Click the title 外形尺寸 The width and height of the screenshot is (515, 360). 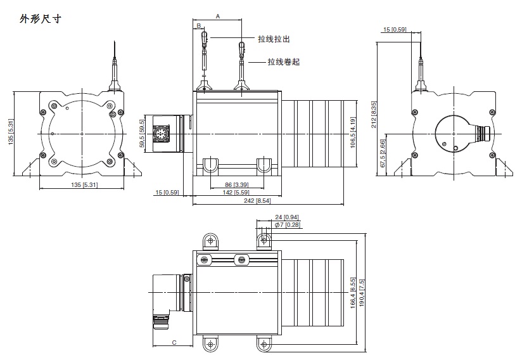[40, 19]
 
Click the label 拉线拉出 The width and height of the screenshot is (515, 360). [274, 39]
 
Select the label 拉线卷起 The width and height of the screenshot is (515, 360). [283, 62]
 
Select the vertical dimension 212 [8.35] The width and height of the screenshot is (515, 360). [374, 115]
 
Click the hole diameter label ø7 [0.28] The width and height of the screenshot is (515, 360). [287, 224]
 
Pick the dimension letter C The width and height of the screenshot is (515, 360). [174, 343]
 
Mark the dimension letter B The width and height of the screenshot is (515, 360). [198, 26]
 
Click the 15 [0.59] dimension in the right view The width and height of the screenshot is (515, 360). [395, 29]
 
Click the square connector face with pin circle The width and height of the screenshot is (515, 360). [162, 134]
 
